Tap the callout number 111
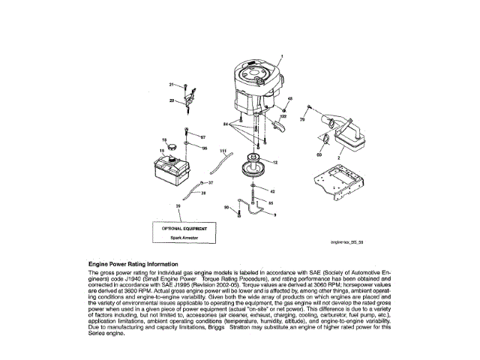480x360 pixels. [x=223, y=152]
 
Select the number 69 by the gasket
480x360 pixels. [x=319, y=154]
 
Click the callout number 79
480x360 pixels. [x=302, y=119]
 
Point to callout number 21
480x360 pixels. [x=171, y=84]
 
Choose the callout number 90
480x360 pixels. [x=226, y=207]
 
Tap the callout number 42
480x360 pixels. [x=272, y=191]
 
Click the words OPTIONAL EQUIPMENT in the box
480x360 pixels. [x=185, y=226]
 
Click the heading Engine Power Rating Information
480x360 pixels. [x=133, y=264]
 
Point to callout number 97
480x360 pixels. [x=202, y=137]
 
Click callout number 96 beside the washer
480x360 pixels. [x=203, y=148]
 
